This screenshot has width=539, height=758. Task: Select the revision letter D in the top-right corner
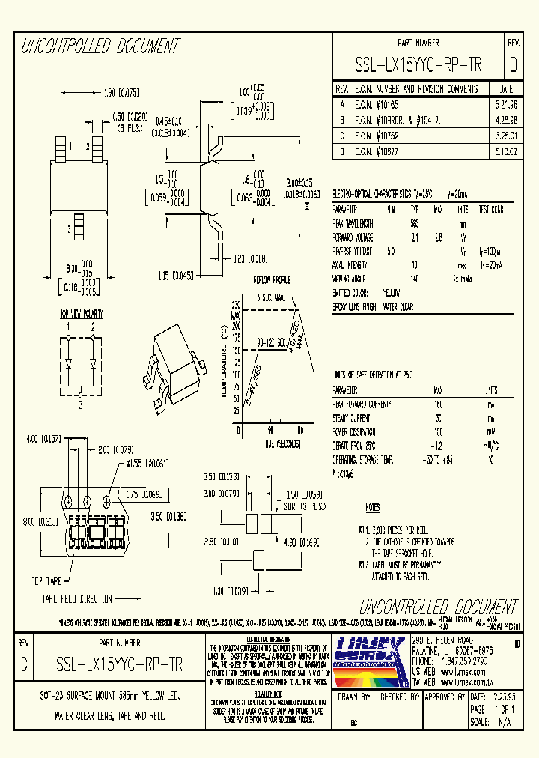[x=513, y=66]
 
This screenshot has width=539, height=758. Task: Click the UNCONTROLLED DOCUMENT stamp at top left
[x=100, y=47]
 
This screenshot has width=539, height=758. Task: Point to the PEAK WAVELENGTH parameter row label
[x=354, y=223]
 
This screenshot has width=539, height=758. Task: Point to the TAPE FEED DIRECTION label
[x=77, y=598]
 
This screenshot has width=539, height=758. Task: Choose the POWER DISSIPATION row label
[x=355, y=432]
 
